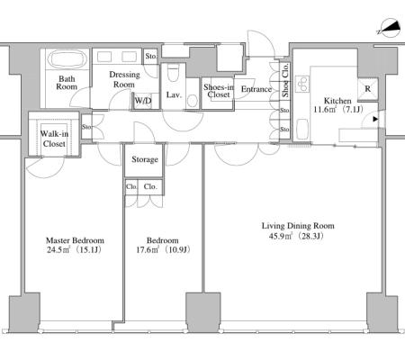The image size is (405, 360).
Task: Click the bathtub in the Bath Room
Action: click(67, 59)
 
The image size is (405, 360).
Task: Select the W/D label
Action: click(143, 101)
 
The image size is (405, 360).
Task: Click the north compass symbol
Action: click(389, 29)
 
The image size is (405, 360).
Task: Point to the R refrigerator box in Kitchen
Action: click(368, 89)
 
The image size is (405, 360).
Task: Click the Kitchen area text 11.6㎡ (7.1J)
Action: click(338, 109)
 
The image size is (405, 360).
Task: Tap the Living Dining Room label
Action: click(298, 226)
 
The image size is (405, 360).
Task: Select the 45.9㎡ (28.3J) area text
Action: click(296, 236)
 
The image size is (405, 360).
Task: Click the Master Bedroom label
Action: click(75, 240)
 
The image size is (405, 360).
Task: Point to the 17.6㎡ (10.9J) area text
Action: click(163, 249)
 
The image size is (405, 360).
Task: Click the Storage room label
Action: click(145, 159)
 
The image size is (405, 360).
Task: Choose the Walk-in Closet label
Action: click(54, 139)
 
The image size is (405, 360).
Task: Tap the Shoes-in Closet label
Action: click(219, 91)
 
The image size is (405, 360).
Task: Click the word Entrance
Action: click(256, 89)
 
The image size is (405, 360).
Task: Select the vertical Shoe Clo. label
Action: click(285, 80)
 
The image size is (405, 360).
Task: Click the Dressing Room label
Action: click(124, 79)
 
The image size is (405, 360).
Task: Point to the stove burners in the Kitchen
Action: click(302, 84)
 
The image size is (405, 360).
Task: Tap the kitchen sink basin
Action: click(302, 130)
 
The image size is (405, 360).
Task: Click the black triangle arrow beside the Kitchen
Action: click(375, 120)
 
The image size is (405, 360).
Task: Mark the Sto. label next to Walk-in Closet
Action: click(86, 127)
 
